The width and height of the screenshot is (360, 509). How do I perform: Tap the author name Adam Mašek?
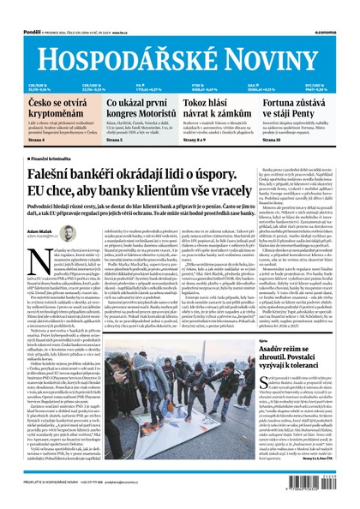[x=41, y=231]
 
